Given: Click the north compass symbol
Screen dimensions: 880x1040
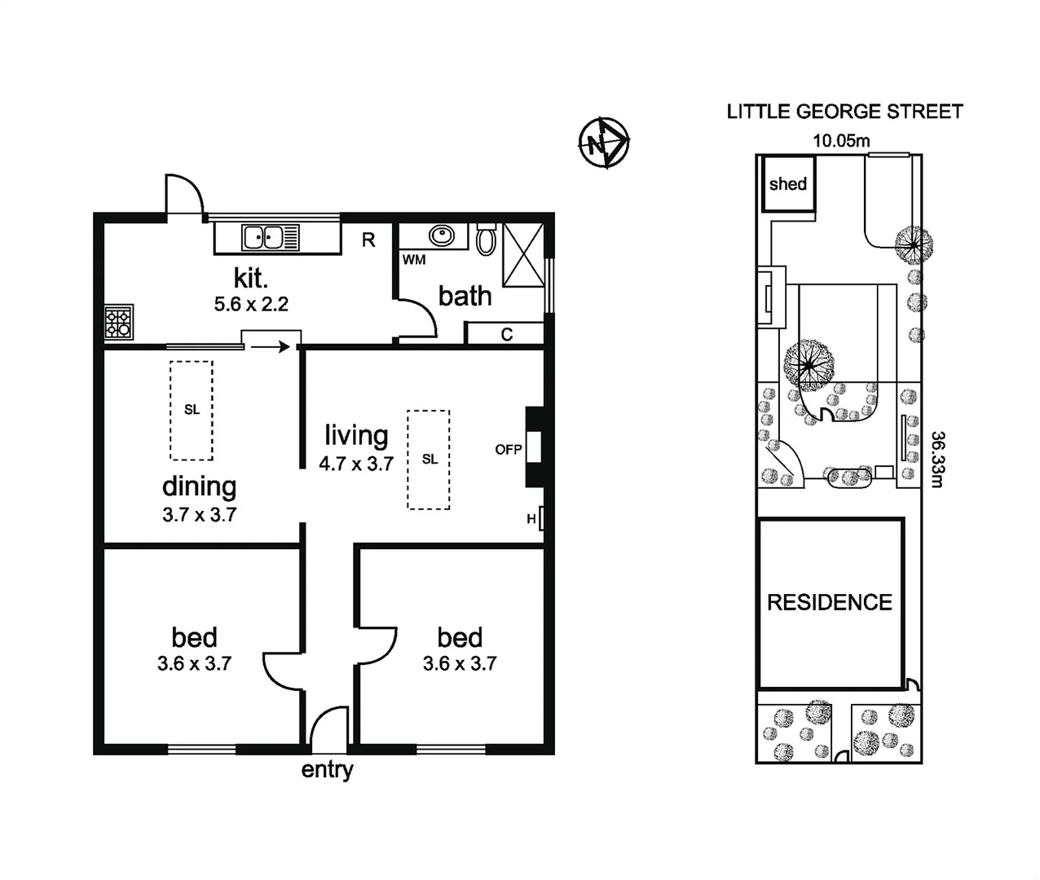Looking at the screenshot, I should point(603,143).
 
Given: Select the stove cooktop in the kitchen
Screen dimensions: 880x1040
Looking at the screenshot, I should point(118,321).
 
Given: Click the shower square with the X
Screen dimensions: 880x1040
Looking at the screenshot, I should point(522,254).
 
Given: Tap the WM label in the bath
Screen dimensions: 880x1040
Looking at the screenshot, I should point(414,260).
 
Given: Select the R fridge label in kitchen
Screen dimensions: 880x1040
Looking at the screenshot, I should point(368,240).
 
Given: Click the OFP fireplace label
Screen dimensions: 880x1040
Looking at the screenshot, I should point(508,449).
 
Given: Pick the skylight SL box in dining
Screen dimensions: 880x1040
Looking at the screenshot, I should point(192,410).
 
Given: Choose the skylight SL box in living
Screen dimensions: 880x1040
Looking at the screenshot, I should point(429,460).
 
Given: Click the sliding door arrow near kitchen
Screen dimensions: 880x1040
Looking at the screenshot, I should point(270,347).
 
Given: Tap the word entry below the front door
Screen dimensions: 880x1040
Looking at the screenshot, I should point(327,770).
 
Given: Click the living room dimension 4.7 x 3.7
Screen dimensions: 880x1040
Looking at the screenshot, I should point(356,464).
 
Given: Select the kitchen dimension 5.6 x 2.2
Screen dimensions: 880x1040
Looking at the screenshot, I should point(251,305).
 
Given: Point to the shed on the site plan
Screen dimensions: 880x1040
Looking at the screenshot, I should point(787,184).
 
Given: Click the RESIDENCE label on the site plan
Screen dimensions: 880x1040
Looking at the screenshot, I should point(829,602).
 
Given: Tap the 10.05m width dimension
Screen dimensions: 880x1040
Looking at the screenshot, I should point(841,140).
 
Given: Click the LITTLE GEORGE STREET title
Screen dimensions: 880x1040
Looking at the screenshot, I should point(844,112).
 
